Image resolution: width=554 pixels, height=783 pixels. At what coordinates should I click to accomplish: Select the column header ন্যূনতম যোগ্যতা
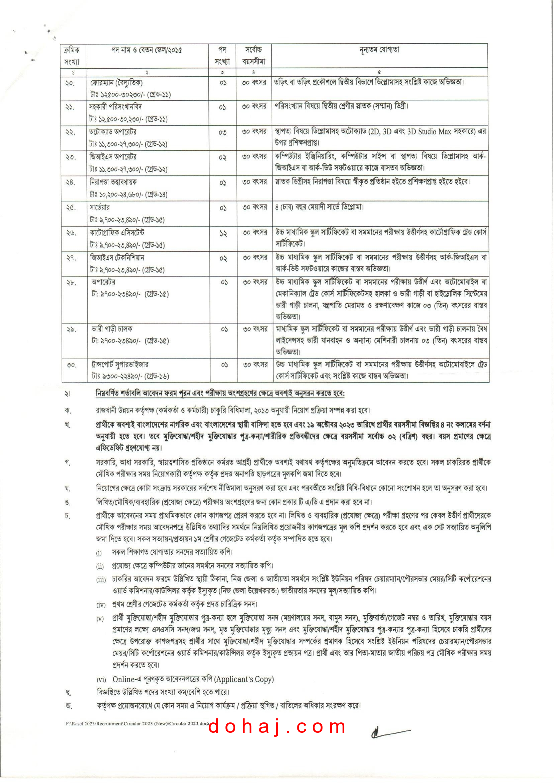(x=379, y=50)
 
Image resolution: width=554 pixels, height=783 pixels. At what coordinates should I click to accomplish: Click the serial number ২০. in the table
(x=70, y=83)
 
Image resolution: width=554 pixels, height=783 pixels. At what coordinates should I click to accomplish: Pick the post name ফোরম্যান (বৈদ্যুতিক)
(x=116, y=83)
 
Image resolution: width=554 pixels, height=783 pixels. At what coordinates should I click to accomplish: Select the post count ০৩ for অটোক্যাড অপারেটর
(x=222, y=133)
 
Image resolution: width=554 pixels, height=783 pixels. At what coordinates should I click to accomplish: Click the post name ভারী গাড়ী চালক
(x=111, y=329)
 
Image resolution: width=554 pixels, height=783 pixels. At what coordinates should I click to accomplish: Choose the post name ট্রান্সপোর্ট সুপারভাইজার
(x=120, y=365)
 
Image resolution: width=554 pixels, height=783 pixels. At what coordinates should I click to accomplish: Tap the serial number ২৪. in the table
(x=70, y=182)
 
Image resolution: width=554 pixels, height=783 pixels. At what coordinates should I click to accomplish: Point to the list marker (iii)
(x=101, y=580)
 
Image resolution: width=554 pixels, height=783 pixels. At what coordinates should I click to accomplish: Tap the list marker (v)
(x=100, y=619)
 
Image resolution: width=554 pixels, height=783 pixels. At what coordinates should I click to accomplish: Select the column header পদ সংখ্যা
(x=222, y=55)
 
